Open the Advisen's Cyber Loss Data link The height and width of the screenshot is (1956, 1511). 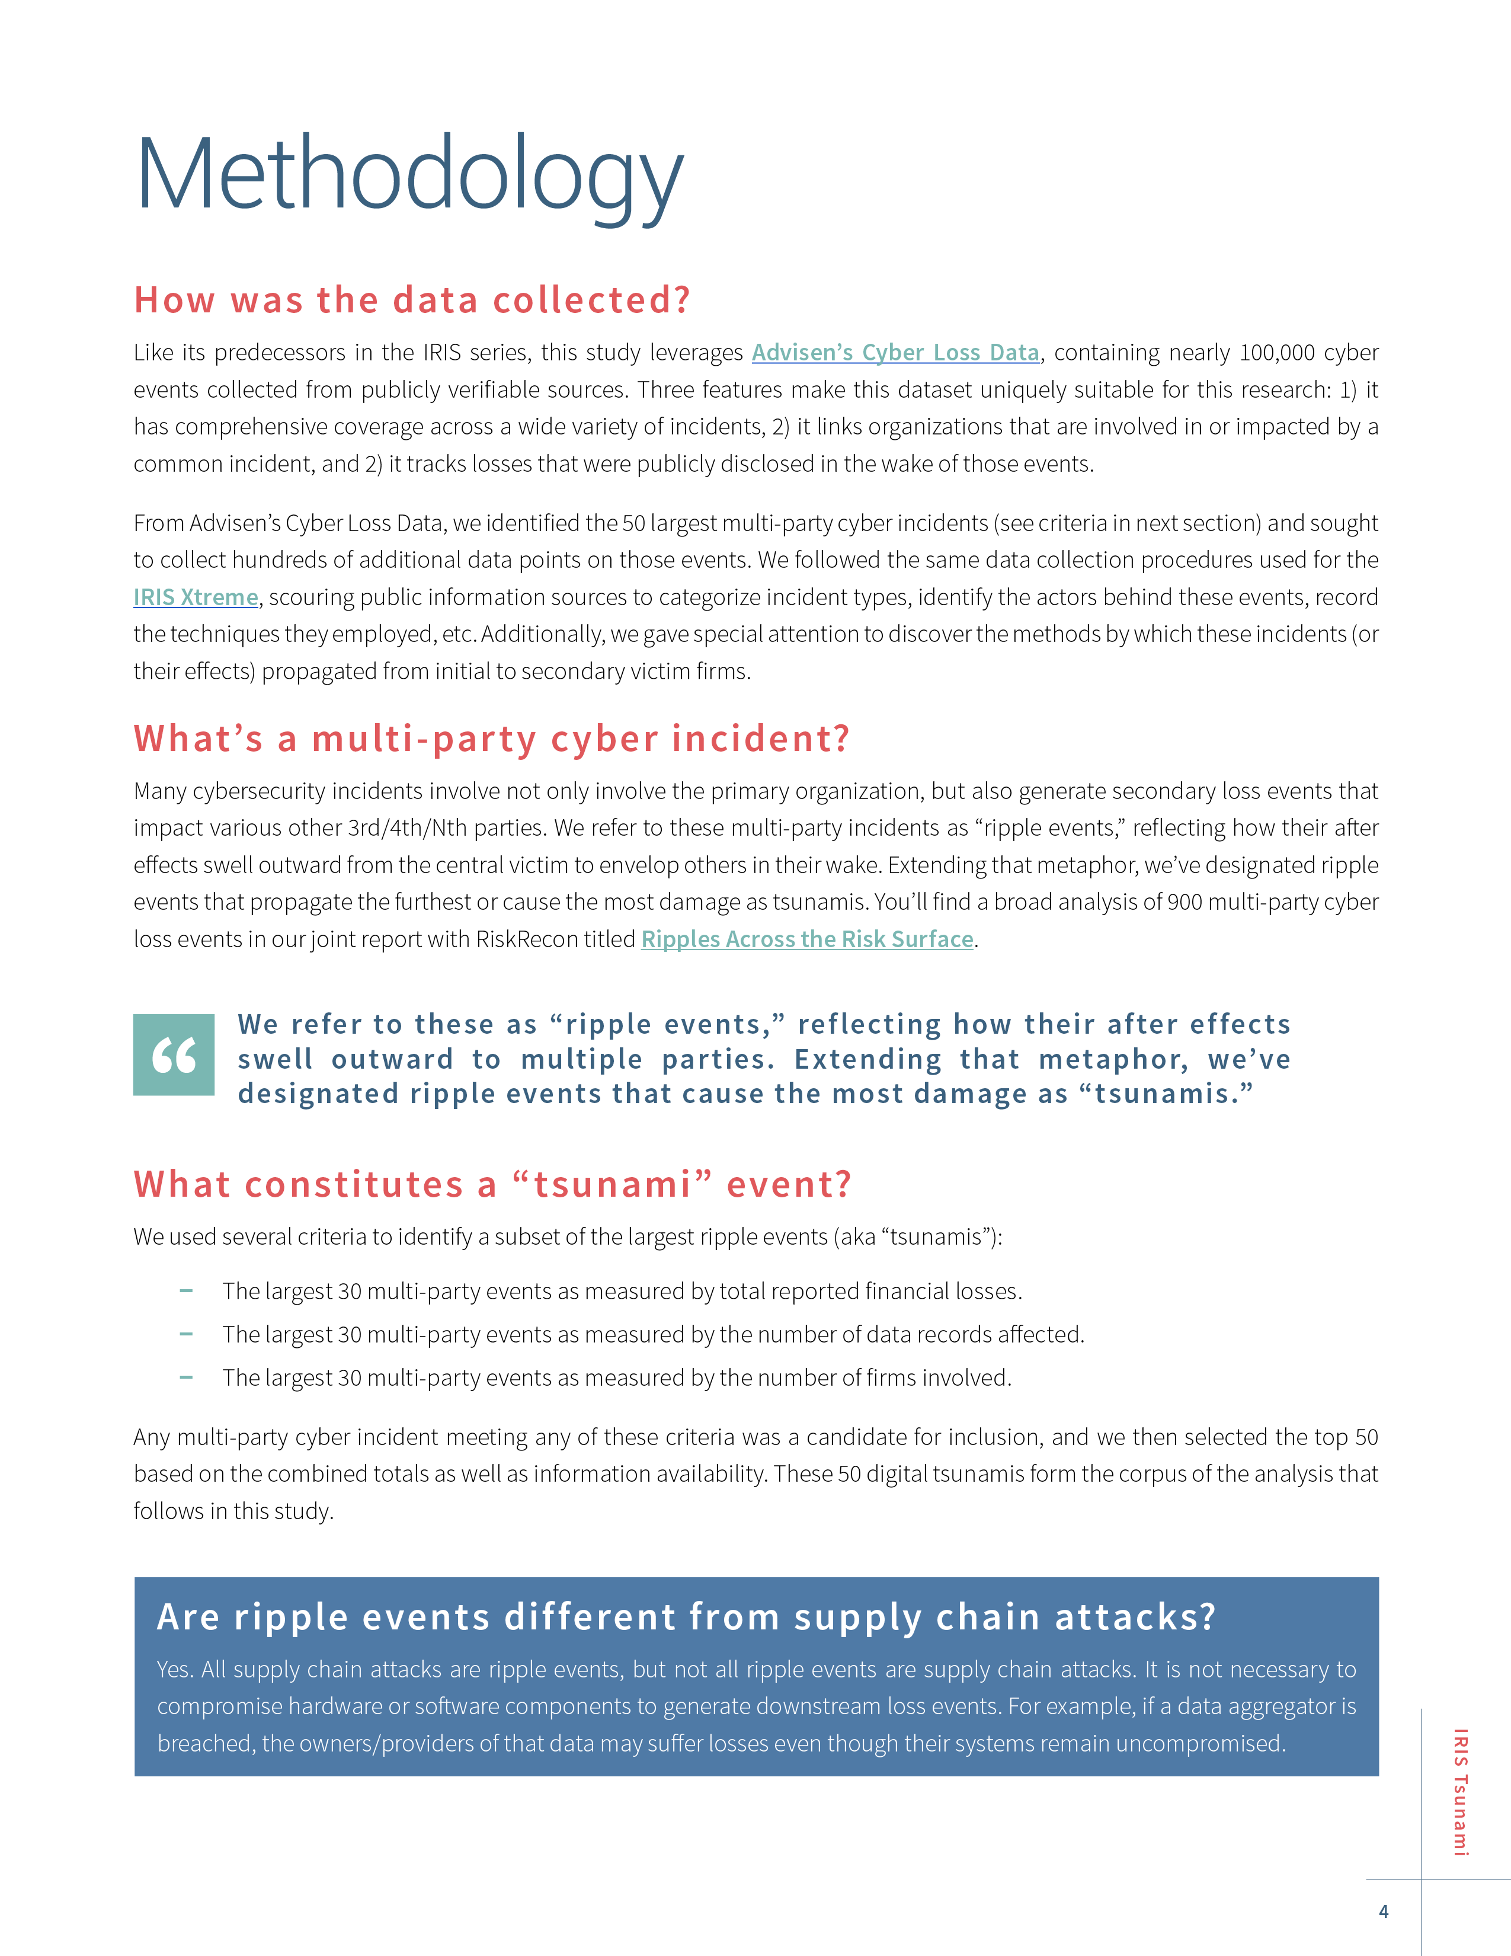pyautogui.click(x=895, y=353)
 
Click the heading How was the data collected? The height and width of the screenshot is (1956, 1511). pyautogui.click(x=412, y=300)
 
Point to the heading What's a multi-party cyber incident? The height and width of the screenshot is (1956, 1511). pyautogui.click(x=491, y=739)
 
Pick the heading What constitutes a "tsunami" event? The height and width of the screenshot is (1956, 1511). pyautogui.click(x=492, y=1184)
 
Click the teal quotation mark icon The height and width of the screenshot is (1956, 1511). pyautogui.click(x=174, y=1055)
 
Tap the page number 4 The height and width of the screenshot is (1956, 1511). pyautogui.click(x=1383, y=1911)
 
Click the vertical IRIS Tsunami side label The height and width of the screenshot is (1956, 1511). pyautogui.click(x=1460, y=1791)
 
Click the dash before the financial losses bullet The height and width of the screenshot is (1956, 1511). pyautogui.click(x=186, y=1290)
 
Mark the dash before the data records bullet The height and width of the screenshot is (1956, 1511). pyautogui.click(x=186, y=1334)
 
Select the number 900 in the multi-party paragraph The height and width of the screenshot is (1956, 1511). pyautogui.click(x=1185, y=902)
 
